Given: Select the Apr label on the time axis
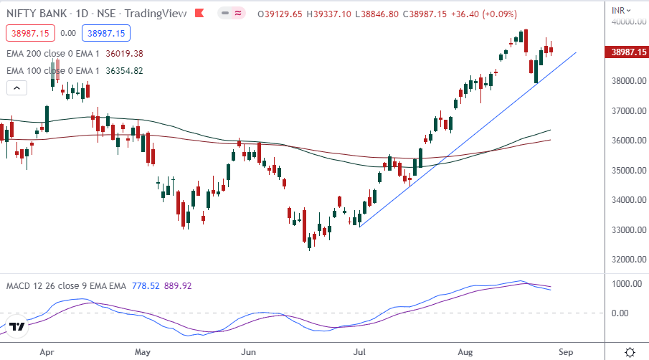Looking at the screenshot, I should (x=47, y=352).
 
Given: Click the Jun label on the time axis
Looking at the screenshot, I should (x=248, y=352).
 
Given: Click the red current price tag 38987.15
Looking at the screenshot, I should (x=628, y=52).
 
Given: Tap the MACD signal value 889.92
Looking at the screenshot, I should (x=178, y=285).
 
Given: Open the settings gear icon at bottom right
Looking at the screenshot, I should (x=629, y=352).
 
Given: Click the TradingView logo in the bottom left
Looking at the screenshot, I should (x=18, y=327).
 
